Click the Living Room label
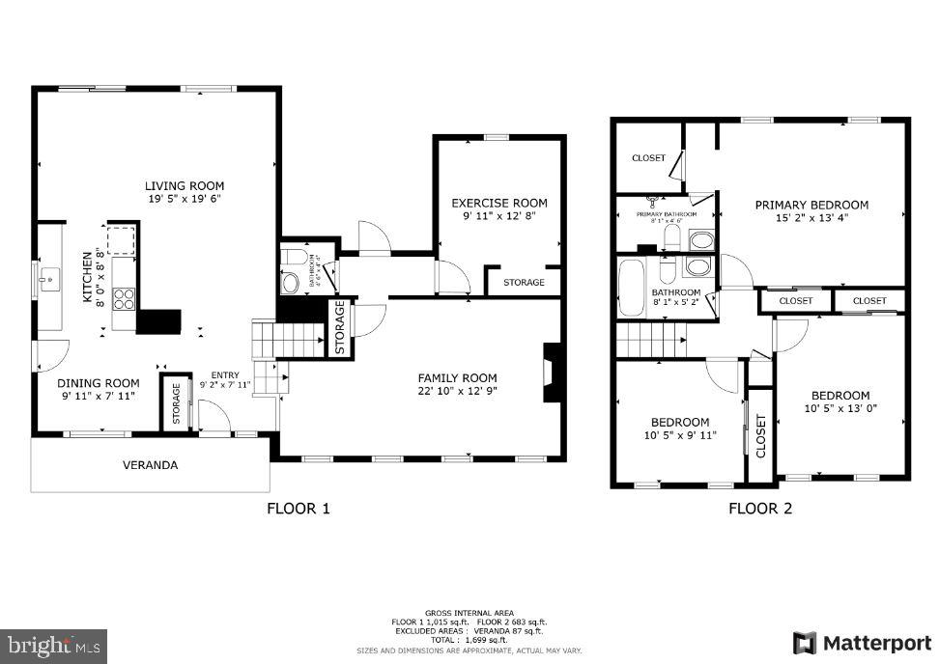(185, 185)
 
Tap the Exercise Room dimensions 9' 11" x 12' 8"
(498, 216)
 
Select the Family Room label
(457, 377)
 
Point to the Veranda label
(150, 465)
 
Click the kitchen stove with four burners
(125, 298)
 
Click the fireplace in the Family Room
(552, 373)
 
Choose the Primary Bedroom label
(811, 205)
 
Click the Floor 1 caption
(299, 509)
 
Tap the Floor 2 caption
(760, 509)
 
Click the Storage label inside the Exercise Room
(524, 282)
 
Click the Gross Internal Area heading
(469, 613)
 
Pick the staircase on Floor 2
(649, 340)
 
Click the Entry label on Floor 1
(224, 375)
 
